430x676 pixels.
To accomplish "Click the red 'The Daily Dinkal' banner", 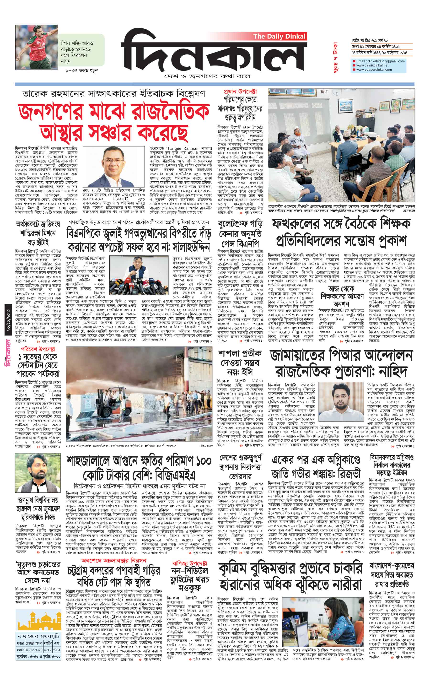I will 279,36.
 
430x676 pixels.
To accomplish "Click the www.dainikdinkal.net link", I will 372,65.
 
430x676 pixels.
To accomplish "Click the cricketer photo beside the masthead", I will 37,47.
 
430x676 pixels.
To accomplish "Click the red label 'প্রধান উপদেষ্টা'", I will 240,92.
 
